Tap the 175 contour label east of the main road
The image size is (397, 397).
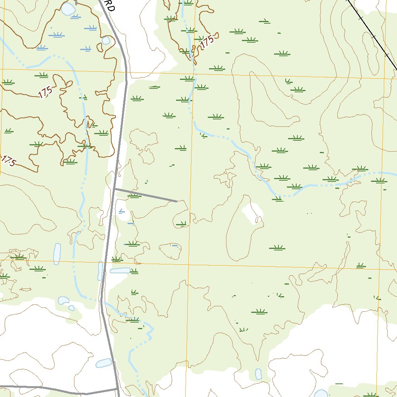click(x=207, y=41)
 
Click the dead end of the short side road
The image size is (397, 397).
click(x=177, y=201)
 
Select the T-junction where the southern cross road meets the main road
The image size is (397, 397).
click(x=117, y=388)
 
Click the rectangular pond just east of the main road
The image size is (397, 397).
click(x=120, y=270)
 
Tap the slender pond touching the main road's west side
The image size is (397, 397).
click(x=100, y=270)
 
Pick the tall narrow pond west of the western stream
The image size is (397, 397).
click(x=57, y=254)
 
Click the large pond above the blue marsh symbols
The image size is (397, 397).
click(x=69, y=9)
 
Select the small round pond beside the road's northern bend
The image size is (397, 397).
click(x=106, y=41)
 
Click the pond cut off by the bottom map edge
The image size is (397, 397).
click(x=321, y=394)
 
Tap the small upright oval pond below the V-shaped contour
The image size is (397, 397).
click(x=259, y=374)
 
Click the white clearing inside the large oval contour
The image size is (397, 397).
click(x=252, y=212)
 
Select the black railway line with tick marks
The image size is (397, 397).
click(x=372, y=35)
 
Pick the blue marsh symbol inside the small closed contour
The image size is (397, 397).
click(x=175, y=246)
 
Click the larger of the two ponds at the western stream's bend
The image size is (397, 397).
click(x=63, y=300)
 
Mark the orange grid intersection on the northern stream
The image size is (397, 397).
click(x=193, y=73)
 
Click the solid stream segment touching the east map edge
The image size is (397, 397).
click(x=388, y=173)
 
